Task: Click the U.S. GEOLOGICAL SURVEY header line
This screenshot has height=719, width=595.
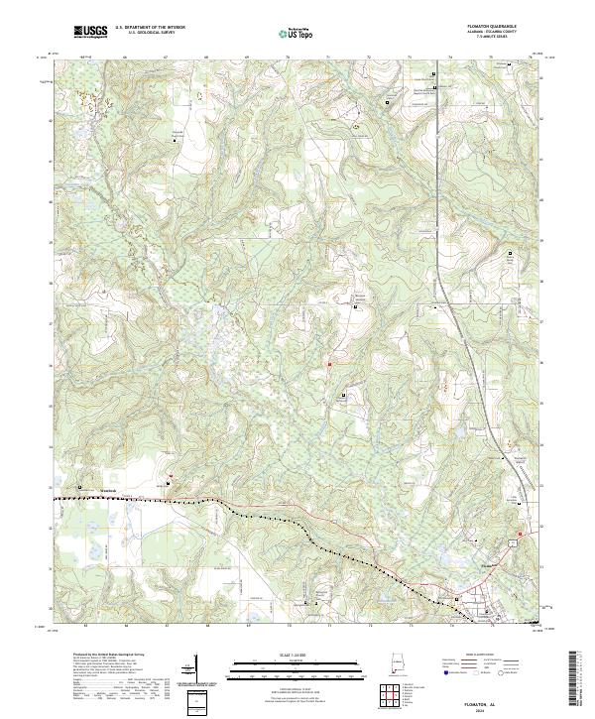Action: (144, 33)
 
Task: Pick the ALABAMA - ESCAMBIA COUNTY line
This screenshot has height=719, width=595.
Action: (504, 33)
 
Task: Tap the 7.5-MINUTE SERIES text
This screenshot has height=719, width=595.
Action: (504, 39)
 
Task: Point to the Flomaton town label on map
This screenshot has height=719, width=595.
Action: (485, 566)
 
